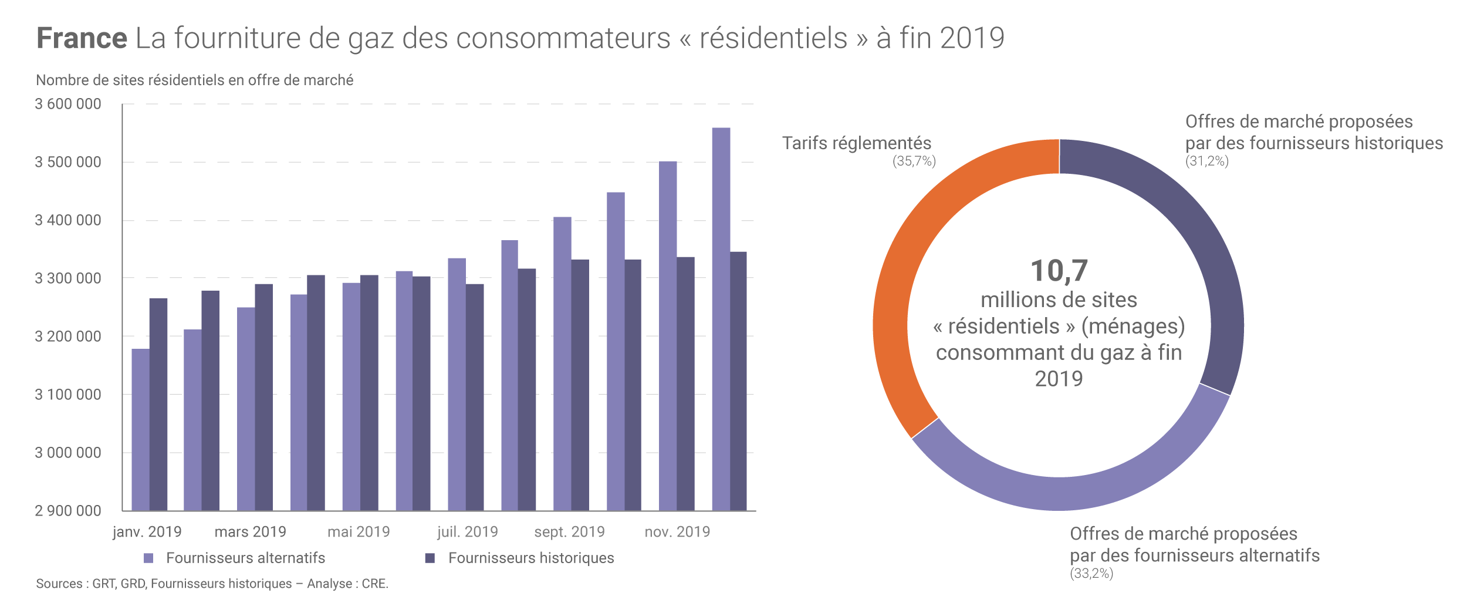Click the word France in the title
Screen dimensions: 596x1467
[82, 38]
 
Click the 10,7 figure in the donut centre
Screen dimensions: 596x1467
[1059, 271]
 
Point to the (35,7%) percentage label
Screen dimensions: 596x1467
[914, 161]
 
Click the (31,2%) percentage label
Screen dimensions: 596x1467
[1206, 161]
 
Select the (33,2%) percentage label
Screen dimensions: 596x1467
[1091, 573]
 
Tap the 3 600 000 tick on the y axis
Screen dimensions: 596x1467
[68, 104]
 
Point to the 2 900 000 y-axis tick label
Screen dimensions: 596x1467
[68, 511]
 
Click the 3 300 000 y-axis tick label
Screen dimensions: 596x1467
[68, 278]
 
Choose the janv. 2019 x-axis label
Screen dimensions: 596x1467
[147, 531]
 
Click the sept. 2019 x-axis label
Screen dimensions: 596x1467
[569, 531]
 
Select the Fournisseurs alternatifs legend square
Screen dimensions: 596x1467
[148, 558]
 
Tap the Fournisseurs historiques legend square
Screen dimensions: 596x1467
[430, 558]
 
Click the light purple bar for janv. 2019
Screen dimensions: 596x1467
[140, 429]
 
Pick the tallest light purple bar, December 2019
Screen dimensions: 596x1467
[721, 317]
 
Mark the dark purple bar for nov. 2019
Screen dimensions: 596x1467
[685, 382]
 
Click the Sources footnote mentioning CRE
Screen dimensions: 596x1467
[212, 584]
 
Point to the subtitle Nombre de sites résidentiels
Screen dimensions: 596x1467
[194, 80]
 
